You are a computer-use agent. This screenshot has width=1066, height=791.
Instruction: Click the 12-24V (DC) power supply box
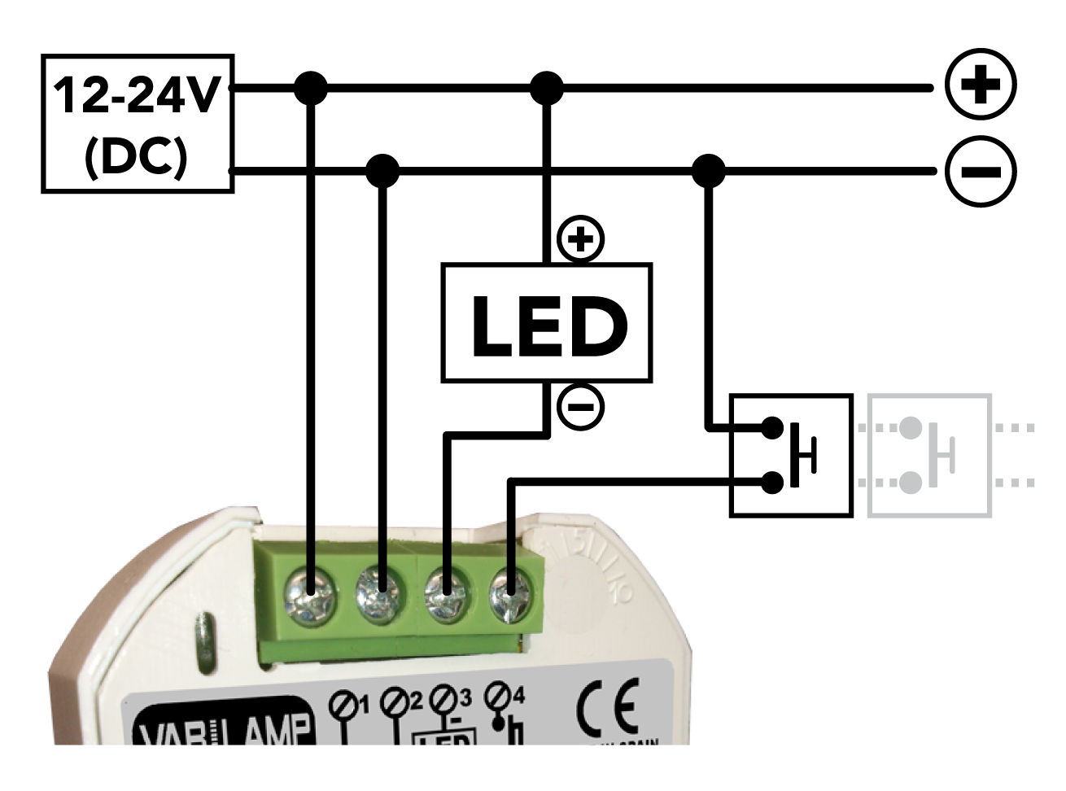point(138,124)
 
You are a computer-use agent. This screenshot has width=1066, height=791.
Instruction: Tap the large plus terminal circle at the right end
point(981,85)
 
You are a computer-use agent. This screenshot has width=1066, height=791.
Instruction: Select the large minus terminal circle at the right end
point(981,171)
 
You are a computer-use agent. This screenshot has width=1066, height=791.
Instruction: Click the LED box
point(546,322)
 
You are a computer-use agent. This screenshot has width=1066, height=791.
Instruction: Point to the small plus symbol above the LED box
point(580,239)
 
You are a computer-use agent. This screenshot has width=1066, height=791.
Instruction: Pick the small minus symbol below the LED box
point(580,406)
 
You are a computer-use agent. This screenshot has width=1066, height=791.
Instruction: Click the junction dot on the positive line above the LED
point(546,87)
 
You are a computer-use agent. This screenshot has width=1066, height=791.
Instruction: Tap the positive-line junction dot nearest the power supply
point(310,87)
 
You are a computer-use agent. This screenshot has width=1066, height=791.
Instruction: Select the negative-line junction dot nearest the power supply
point(382,171)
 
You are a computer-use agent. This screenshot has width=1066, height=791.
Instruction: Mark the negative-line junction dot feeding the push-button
point(709,171)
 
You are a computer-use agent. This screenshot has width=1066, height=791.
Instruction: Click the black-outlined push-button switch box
point(790,456)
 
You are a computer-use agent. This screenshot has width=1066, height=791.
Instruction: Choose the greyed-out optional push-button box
point(929,456)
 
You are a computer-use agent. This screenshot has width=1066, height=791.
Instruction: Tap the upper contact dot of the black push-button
point(772,427)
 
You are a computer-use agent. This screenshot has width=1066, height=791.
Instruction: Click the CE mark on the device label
point(607,710)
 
